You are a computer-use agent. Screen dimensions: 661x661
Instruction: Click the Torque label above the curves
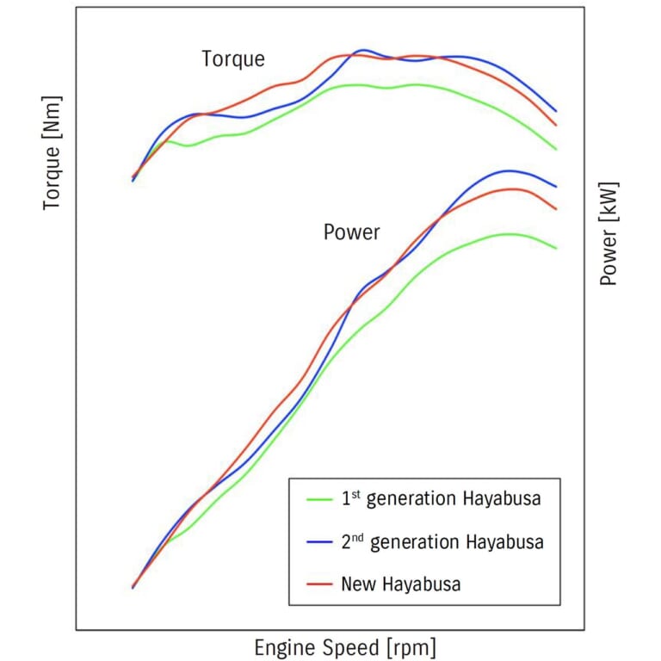233,59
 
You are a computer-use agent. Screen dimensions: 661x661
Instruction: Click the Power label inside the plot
351,232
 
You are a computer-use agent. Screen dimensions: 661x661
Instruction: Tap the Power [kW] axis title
609,233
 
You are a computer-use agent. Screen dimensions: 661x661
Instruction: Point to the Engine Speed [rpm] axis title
344,647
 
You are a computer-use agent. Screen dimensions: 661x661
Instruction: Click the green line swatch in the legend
319,498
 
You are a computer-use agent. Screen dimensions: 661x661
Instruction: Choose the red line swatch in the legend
319,584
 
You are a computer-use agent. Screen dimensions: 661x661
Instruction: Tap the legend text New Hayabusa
400,584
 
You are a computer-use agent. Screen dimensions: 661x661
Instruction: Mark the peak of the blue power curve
509,170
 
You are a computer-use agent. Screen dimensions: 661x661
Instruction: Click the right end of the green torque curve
557,149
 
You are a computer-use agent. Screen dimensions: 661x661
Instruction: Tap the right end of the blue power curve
557,187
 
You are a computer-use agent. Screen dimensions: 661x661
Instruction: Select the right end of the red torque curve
557,126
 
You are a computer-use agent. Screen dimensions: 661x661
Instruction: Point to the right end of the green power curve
557,249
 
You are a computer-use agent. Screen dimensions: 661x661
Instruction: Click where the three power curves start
133,587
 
